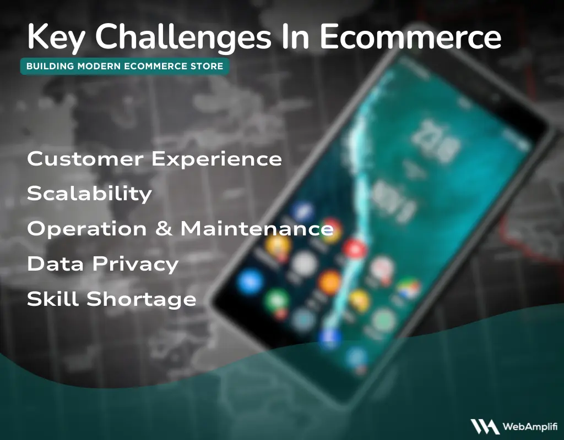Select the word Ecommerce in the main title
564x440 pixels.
pos(410,37)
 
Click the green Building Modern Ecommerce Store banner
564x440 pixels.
pos(124,67)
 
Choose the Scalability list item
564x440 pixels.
pos(89,194)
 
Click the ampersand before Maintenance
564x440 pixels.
pos(164,229)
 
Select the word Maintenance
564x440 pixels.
pos(257,229)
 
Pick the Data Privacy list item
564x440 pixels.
pos(102,264)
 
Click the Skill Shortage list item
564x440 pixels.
pos(111,299)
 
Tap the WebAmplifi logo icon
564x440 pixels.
pos(484,426)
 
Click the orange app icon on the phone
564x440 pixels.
pos(329,282)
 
